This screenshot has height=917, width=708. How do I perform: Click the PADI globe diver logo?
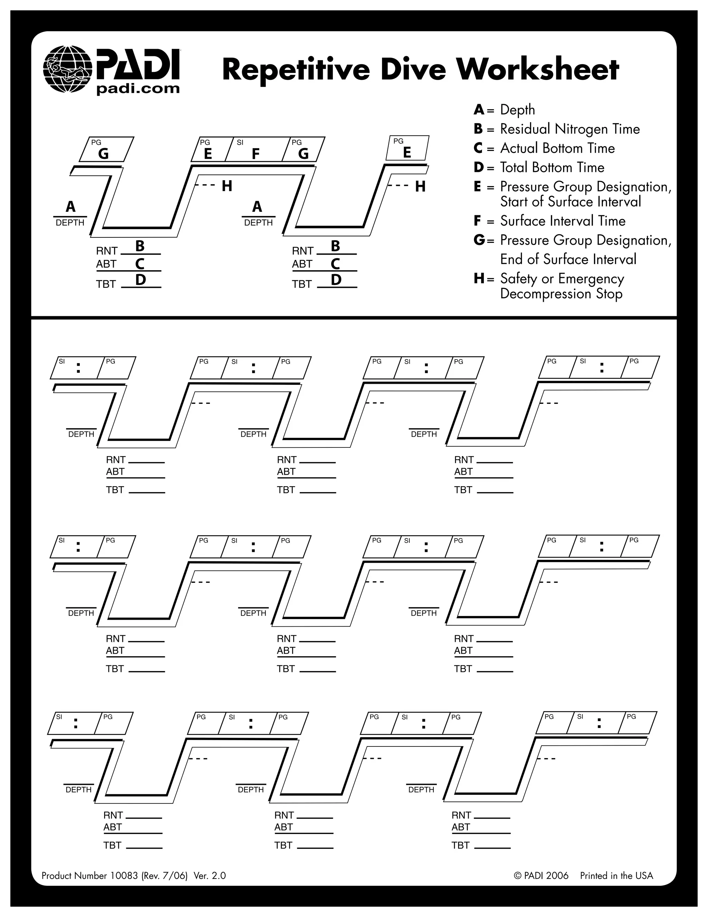[67, 69]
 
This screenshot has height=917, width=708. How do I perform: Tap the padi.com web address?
[138, 89]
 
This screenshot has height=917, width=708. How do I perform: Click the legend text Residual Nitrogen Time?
[570, 129]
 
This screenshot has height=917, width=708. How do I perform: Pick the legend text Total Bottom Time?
[552, 167]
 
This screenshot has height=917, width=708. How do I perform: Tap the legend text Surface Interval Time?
[562, 221]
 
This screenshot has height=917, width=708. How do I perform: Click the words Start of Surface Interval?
[570, 202]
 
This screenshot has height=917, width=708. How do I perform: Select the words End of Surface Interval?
[568, 260]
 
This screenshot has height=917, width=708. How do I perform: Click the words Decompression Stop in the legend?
[561, 294]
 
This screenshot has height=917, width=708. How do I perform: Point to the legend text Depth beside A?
[517, 110]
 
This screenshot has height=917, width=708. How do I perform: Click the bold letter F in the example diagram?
[255, 154]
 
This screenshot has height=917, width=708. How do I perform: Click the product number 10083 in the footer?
[124, 875]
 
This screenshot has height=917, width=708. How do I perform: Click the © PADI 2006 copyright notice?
[541, 875]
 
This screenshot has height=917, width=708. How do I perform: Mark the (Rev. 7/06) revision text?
[165, 875]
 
